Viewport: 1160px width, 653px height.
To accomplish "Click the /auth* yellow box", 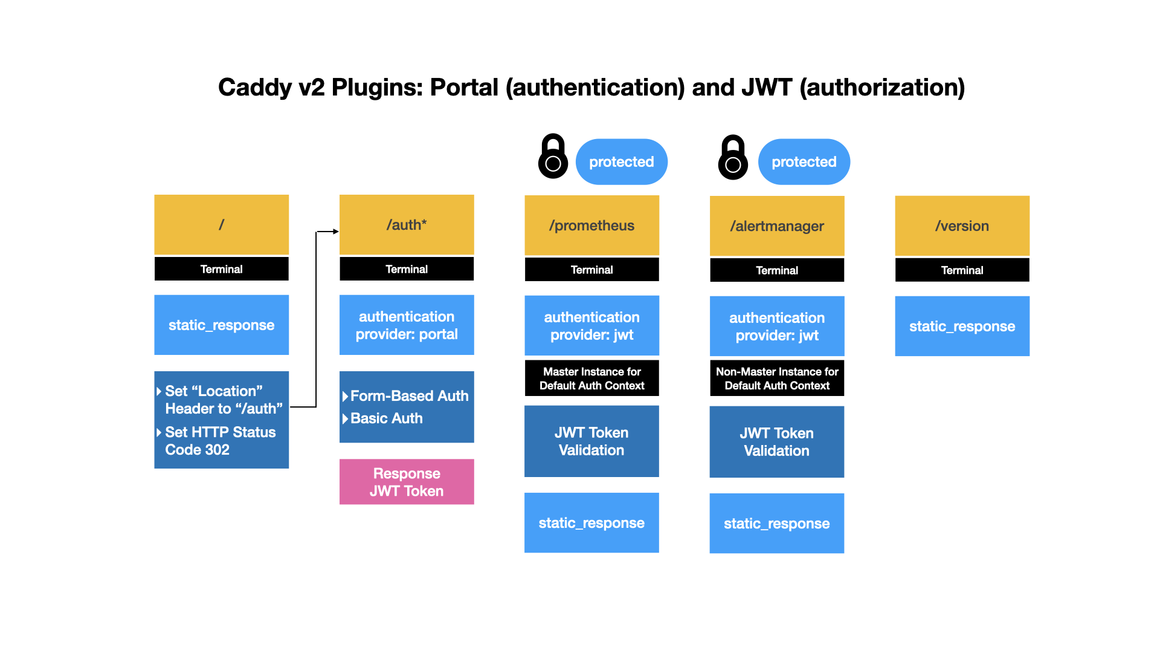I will point(407,224).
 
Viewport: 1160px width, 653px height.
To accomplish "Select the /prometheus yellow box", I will point(591,225).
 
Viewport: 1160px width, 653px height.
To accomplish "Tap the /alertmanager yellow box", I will point(776,226).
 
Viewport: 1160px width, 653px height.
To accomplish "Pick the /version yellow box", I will point(962,226).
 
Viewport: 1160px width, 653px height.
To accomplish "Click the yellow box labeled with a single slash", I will point(221,224).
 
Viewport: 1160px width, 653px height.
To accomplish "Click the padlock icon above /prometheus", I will point(553,157).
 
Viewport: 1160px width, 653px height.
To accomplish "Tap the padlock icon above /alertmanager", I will point(733,158).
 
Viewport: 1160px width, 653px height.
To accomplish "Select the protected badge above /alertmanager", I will point(804,162).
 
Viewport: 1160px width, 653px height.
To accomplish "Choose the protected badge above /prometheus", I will point(621,162).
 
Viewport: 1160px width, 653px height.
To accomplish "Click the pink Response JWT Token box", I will point(407,482).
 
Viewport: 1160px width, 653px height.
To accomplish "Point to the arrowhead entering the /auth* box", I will point(336,232).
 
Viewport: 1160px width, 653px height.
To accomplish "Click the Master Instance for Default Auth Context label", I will point(591,378).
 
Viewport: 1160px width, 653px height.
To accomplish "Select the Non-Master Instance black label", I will point(776,378).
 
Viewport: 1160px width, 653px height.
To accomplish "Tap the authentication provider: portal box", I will point(407,325).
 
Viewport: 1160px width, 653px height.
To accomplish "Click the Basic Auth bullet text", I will point(386,418).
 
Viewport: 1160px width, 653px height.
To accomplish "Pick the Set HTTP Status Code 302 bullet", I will point(219,441).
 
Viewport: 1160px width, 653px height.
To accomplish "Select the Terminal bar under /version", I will point(962,270).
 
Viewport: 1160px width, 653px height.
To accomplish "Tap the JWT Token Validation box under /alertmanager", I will point(776,442).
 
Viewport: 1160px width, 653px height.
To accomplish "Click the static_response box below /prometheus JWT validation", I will point(591,523).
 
